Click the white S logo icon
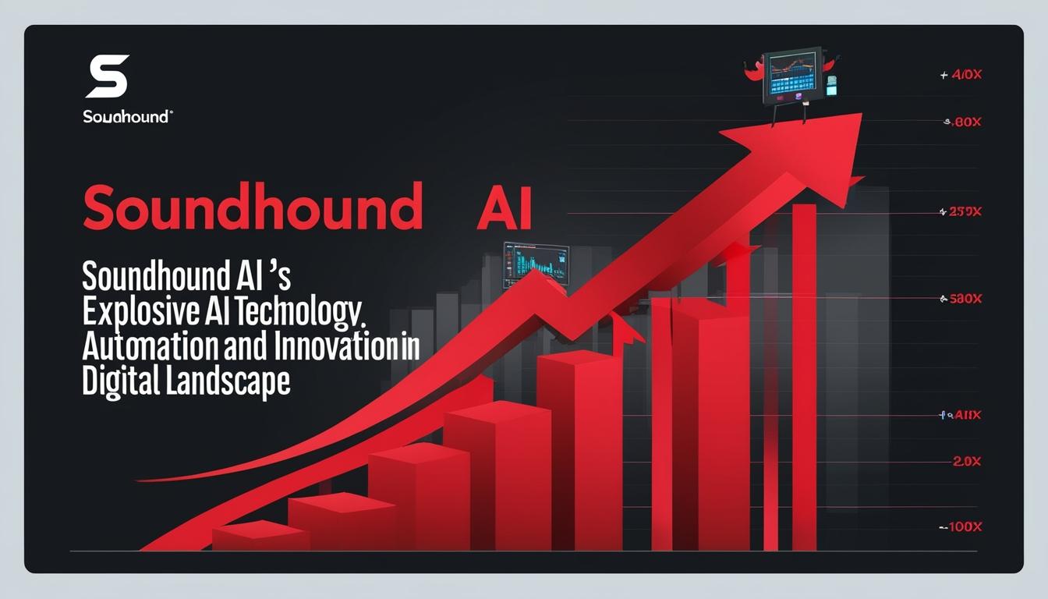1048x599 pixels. [x=107, y=76]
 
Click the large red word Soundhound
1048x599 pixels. [x=252, y=207]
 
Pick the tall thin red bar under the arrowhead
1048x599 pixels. [x=804, y=374]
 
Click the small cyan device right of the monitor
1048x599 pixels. [x=831, y=86]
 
